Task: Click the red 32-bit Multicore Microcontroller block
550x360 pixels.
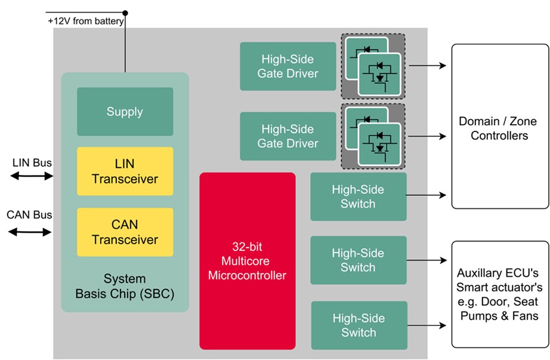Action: tap(247, 261)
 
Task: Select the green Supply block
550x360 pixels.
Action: tap(125, 112)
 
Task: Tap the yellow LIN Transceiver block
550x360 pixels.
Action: tap(125, 171)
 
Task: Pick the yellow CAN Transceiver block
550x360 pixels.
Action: tap(125, 232)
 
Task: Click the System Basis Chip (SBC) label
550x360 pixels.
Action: tap(125, 286)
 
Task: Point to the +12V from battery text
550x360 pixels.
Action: tap(86, 21)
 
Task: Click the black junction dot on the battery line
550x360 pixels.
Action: tap(125, 13)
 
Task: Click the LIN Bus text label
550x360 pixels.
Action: tap(32, 162)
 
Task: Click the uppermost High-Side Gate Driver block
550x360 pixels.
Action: tap(288, 66)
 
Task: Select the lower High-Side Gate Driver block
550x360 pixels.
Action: tap(288, 136)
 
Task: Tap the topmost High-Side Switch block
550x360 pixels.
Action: tap(358, 196)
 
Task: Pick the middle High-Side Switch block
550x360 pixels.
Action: tap(358, 260)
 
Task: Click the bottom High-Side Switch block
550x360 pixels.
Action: tap(359, 325)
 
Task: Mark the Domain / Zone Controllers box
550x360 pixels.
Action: tap(499, 127)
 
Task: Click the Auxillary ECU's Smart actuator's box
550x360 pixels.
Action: tap(499, 294)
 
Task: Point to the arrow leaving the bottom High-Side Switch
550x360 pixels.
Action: tap(427, 325)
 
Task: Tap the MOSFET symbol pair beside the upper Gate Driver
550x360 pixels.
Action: tap(373, 66)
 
